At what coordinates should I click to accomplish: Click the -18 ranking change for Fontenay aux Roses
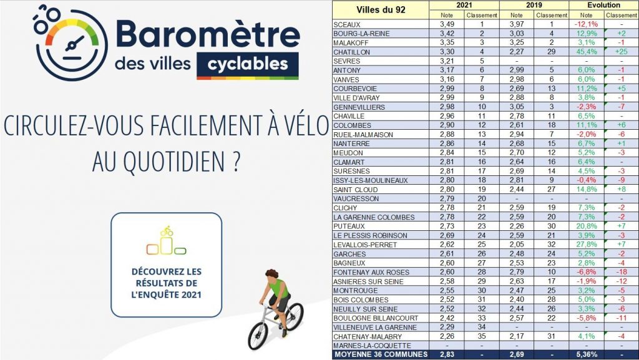pos(621,271)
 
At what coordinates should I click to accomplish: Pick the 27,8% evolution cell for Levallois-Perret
pos(586,243)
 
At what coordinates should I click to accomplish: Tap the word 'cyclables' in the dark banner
pos(247,64)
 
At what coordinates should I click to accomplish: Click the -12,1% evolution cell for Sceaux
pos(586,23)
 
